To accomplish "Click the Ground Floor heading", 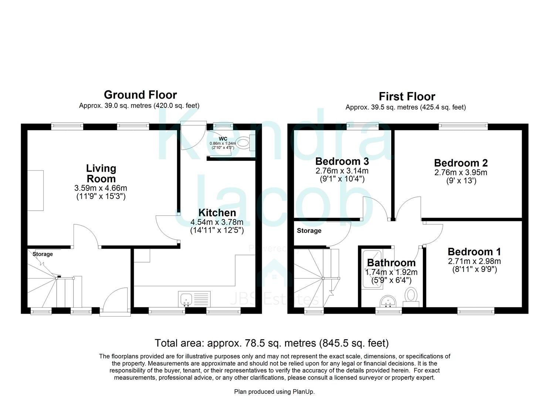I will click(x=140, y=95).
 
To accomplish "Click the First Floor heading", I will click(x=407, y=96).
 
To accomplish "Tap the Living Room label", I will click(x=101, y=174).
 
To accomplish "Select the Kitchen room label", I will click(x=217, y=213).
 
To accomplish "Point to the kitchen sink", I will click(x=185, y=299).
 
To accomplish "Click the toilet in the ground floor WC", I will click(x=243, y=143).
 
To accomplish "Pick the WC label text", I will click(x=223, y=139).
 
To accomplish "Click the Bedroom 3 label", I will click(x=342, y=161).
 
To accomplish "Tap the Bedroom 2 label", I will click(x=461, y=163).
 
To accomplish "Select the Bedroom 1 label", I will click(x=474, y=252).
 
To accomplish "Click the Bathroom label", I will click(x=391, y=263).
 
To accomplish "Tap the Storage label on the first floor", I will click(x=309, y=231).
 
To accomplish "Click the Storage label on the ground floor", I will click(x=43, y=254).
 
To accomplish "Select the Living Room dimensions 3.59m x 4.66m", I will click(x=101, y=188).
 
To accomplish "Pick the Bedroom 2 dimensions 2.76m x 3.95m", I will click(x=461, y=173).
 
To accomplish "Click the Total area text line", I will click(x=271, y=343).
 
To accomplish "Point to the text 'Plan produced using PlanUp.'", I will click(x=274, y=392).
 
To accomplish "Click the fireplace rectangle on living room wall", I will click(x=35, y=190).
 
